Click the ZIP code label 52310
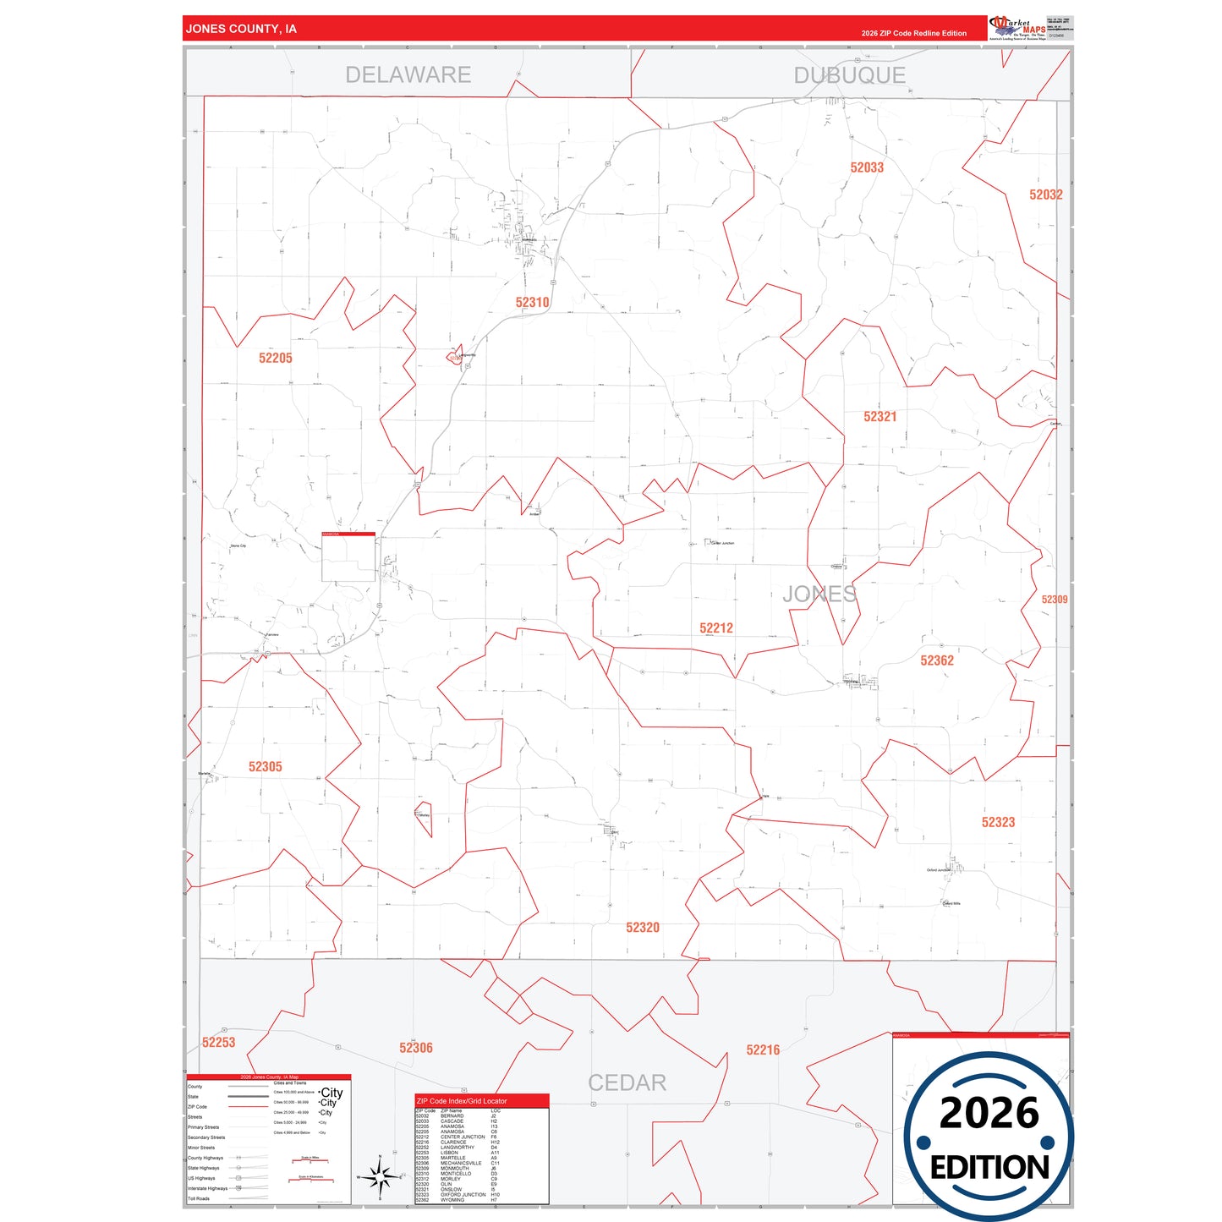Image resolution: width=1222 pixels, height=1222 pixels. tap(532, 302)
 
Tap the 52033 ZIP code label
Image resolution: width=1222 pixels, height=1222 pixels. tap(867, 167)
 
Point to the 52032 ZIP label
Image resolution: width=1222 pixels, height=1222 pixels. tap(1045, 195)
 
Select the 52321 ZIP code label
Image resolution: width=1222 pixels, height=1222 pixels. tap(880, 416)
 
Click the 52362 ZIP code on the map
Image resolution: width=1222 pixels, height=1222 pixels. tap(936, 660)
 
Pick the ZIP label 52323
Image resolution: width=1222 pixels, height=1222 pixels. tap(998, 822)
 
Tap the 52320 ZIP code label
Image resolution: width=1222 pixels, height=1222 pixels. tap(642, 928)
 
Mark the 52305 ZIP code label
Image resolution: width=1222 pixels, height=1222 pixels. tap(265, 767)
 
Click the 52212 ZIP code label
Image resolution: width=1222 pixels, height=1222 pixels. tap(715, 628)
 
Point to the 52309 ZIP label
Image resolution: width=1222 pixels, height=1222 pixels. tap(1054, 600)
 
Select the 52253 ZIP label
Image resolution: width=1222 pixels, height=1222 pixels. tap(218, 1043)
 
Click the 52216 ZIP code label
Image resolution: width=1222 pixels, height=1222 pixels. tap(762, 1050)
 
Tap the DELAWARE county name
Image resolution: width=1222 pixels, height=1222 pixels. tap(408, 75)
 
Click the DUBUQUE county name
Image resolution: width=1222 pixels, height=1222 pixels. tap(849, 75)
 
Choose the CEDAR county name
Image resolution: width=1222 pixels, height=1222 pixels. tap(627, 1082)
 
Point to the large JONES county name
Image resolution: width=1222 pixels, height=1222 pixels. tap(819, 594)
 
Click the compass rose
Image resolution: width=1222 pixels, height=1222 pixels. tap(380, 1175)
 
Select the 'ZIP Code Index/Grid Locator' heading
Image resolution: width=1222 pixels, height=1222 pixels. tap(462, 1101)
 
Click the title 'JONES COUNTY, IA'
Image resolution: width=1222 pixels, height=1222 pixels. tap(241, 29)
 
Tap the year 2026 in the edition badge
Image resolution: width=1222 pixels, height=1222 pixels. tap(989, 1113)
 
